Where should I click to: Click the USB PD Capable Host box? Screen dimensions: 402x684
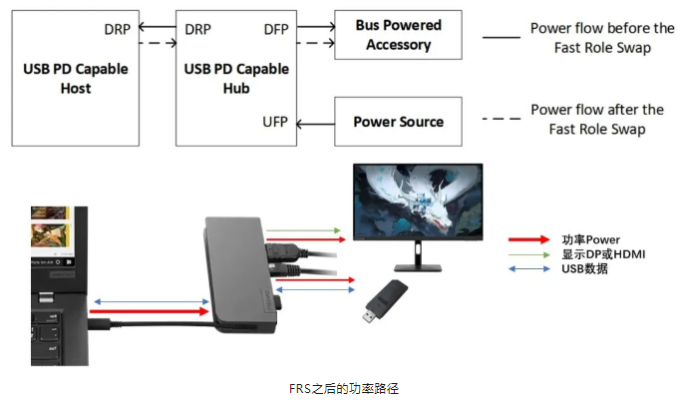tap(76, 78)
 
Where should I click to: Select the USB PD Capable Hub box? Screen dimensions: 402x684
tap(235, 78)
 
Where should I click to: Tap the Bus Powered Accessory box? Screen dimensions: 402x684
tap(398, 35)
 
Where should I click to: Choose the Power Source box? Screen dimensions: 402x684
tap(398, 122)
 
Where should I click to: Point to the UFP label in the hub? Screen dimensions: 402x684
tap(275, 122)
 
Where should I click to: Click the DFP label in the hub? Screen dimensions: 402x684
tap(275, 30)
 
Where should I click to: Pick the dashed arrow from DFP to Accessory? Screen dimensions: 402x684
tap(315, 43)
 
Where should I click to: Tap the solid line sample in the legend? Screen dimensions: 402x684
tap(501, 37)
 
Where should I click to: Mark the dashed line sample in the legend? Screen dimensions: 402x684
tap(501, 120)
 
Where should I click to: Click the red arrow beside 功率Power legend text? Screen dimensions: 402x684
tap(529, 239)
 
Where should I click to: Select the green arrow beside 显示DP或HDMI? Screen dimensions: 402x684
tap(529, 254)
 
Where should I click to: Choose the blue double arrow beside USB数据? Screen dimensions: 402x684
tap(529, 268)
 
